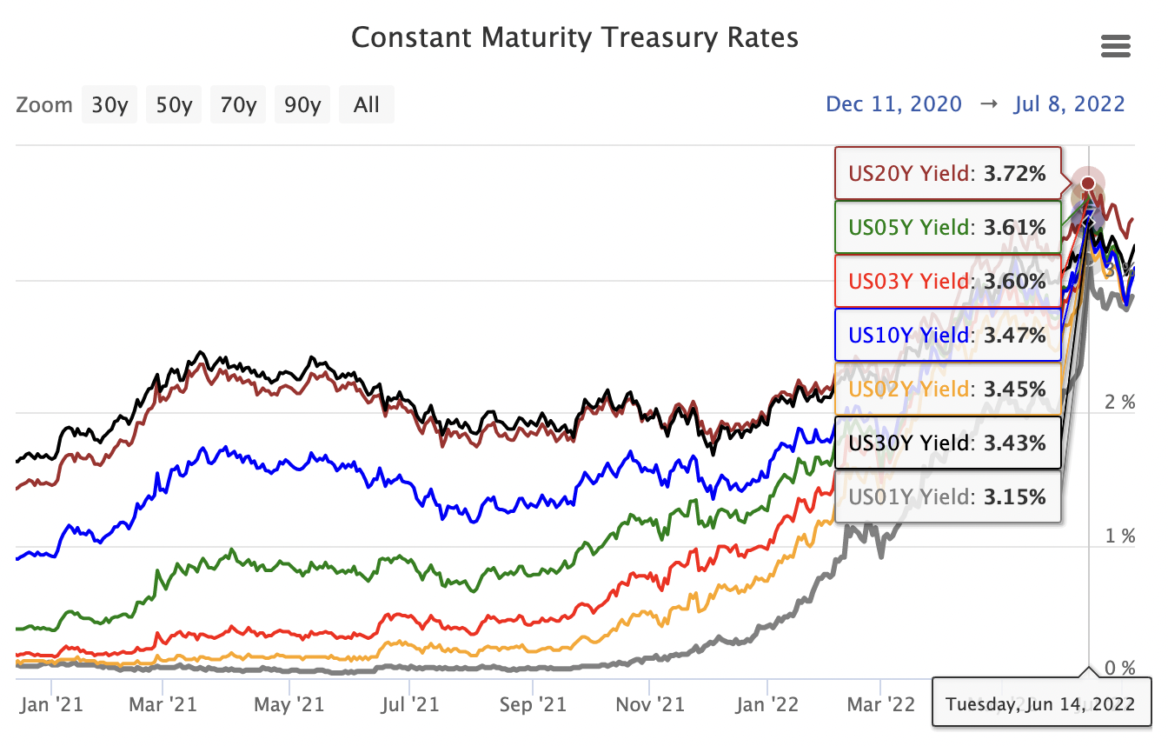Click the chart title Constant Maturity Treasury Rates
click(574, 38)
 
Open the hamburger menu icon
click(1115, 46)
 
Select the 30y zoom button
click(110, 105)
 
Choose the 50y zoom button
click(175, 105)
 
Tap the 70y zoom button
click(239, 105)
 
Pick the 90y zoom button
click(302, 105)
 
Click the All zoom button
click(367, 105)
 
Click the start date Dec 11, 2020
click(893, 104)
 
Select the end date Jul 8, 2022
click(1069, 104)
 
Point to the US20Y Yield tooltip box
click(948, 174)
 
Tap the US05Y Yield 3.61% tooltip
click(948, 228)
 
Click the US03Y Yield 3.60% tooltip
click(948, 282)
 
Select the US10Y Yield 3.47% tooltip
click(948, 336)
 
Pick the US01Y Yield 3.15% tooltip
click(948, 497)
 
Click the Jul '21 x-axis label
click(409, 703)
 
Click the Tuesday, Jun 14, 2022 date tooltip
click(1040, 703)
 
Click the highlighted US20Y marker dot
click(1087, 183)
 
